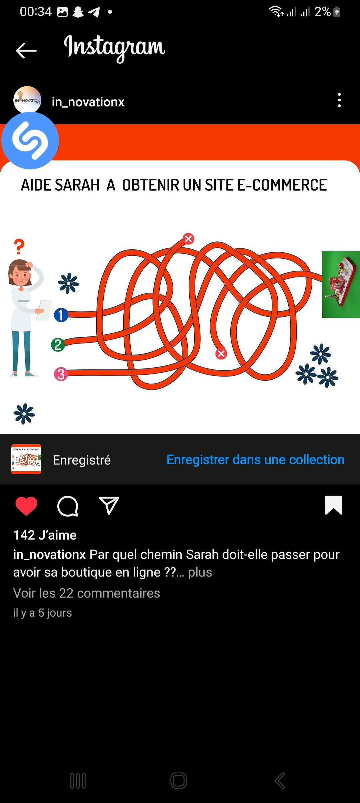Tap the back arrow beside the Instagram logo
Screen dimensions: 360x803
(26, 51)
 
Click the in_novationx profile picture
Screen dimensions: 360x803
(27, 100)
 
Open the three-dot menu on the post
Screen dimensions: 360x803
(339, 100)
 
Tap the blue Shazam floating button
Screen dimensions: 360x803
(30, 140)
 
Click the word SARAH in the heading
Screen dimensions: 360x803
(77, 185)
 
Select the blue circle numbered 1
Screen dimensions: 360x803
(61, 315)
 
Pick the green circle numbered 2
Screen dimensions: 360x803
(58, 344)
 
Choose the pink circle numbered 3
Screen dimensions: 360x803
(61, 374)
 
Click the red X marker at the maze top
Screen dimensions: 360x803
(188, 238)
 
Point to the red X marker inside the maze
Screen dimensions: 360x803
(221, 353)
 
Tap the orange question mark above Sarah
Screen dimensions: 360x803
(19, 246)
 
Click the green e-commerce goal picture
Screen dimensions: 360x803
(341, 284)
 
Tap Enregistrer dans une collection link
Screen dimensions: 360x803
(255, 460)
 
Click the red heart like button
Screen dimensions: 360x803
(26, 506)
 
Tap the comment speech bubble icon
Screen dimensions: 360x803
(68, 506)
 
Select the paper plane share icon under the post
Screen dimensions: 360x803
(109, 505)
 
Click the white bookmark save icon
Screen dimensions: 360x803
(334, 505)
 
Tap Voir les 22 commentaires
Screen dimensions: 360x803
(87, 593)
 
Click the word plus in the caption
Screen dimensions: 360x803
(200, 572)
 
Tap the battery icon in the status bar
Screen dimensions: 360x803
(337, 12)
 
